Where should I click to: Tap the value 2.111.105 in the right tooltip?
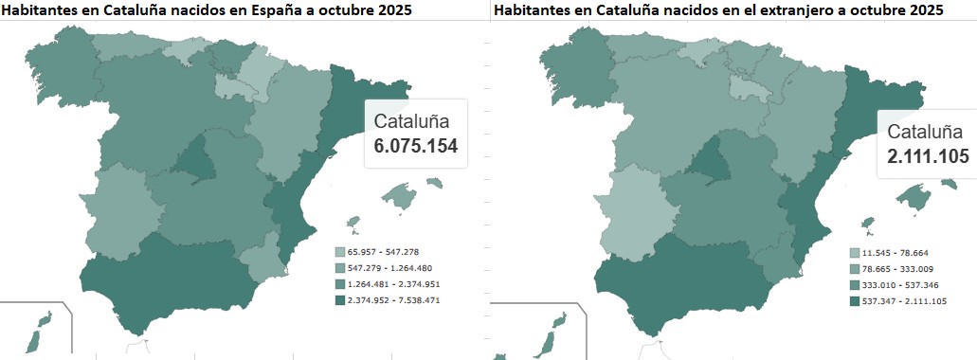click(x=929, y=156)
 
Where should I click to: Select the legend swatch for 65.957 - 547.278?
click(x=339, y=252)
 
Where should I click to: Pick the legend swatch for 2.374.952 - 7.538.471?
click(x=339, y=299)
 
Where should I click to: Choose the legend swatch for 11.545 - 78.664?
click(x=854, y=253)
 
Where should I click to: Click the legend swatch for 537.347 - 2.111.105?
click(x=854, y=301)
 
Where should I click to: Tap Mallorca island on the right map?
click(x=913, y=197)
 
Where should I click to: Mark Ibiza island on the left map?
click(x=353, y=225)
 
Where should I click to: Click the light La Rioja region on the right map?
click(x=746, y=87)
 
